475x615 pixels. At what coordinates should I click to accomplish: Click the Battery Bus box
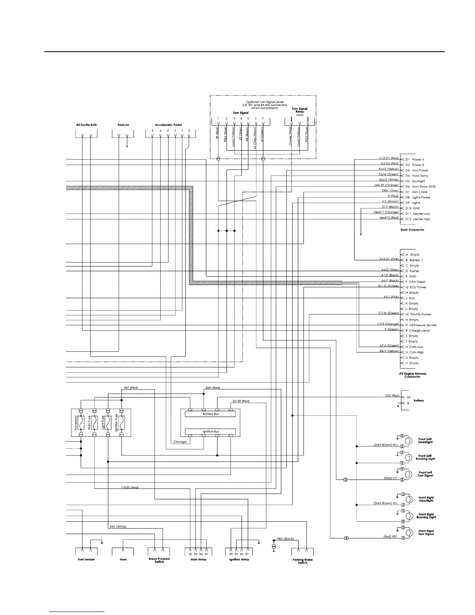[210, 414]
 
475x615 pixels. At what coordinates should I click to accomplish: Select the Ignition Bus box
[210, 431]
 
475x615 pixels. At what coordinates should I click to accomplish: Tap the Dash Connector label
[412, 229]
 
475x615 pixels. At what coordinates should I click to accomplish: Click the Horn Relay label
[198, 559]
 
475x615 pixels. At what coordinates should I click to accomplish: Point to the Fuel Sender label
[85, 559]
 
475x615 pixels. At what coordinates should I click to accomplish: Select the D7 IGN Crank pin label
[416, 192]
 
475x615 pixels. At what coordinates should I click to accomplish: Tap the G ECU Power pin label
[416, 287]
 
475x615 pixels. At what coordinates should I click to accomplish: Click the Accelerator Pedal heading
[168, 125]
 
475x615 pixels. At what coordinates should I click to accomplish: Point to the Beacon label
[123, 125]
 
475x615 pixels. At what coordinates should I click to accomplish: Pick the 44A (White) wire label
[118, 526]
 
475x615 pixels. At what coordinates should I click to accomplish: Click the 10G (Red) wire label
[392, 396]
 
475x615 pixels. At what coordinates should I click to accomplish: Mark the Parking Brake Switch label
[302, 561]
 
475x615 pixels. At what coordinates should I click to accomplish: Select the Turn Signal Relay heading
[299, 110]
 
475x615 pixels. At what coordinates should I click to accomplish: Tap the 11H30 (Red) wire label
[130, 487]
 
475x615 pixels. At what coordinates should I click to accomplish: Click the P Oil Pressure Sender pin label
[421, 325]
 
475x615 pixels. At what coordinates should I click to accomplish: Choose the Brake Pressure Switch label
[159, 560]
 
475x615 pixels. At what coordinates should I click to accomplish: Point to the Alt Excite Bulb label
[86, 125]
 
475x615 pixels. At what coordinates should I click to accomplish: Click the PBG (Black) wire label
[285, 539]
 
